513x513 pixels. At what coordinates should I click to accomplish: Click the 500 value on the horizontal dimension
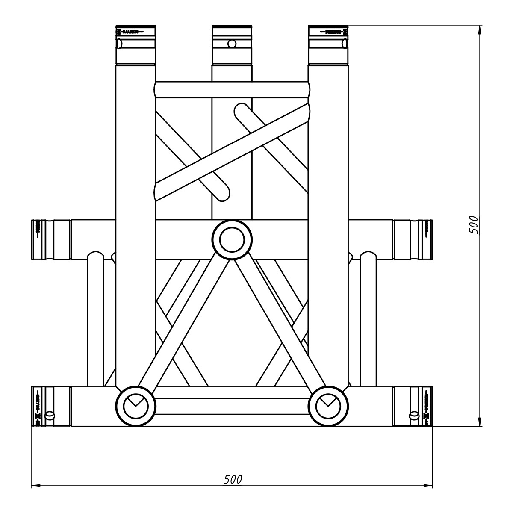click(x=233, y=480)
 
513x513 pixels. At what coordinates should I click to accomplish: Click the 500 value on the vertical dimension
click(x=474, y=224)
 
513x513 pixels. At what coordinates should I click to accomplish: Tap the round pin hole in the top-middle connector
click(x=232, y=44)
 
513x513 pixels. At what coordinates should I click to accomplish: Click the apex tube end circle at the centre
click(x=232, y=240)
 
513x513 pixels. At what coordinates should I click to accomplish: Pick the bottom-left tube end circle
click(x=136, y=406)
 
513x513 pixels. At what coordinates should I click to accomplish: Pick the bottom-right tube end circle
click(x=328, y=406)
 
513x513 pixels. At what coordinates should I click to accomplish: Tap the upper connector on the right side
click(x=413, y=240)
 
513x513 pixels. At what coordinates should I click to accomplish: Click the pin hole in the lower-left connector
click(x=50, y=415)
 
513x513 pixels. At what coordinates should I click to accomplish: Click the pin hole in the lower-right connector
click(x=413, y=415)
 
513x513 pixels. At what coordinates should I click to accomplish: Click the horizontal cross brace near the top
click(x=232, y=89)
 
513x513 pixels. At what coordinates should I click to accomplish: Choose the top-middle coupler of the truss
click(x=232, y=45)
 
